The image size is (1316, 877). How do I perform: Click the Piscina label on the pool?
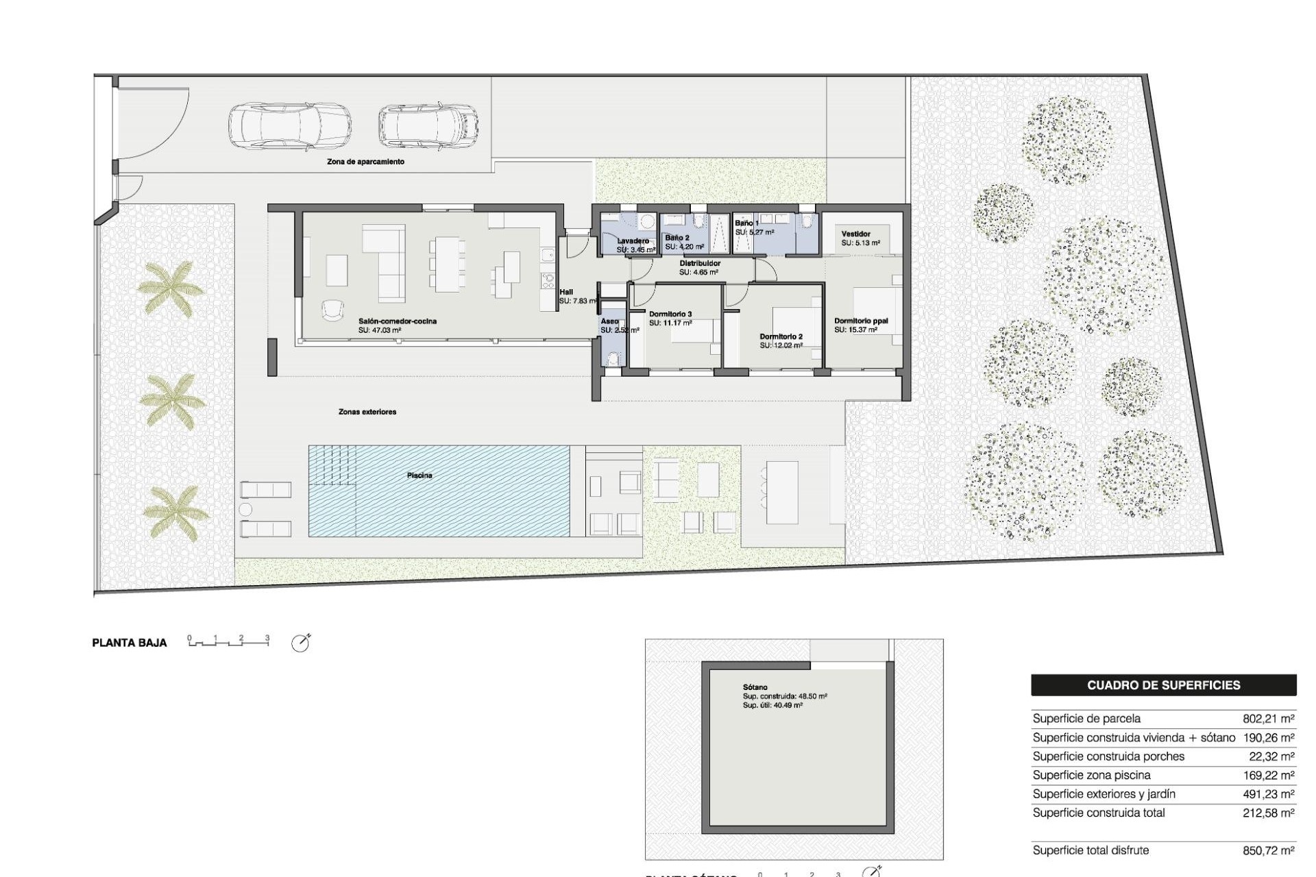click(419, 475)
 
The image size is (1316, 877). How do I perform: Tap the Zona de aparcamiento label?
click(365, 162)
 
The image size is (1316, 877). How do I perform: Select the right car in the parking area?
click(428, 126)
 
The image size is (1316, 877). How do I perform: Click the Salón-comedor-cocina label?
click(397, 321)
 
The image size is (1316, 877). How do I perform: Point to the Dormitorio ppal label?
click(861, 321)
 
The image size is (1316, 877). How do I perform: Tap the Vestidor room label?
click(855, 234)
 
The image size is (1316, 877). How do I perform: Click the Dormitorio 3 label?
click(670, 314)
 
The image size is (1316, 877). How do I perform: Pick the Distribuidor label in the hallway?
click(699, 263)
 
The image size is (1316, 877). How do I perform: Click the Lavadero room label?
click(632, 241)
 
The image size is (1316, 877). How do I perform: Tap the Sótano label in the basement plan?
click(755, 687)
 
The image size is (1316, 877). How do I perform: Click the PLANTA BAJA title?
click(130, 643)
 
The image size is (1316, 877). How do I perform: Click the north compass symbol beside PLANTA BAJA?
click(300, 643)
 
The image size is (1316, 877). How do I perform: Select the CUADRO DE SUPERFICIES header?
click(1163, 685)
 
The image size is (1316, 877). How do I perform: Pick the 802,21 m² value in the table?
click(1268, 719)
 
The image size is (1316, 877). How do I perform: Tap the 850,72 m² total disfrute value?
click(1268, 850)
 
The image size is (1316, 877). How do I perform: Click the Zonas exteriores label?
click(367, 412)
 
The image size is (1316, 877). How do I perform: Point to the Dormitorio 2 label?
click(781, 337)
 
